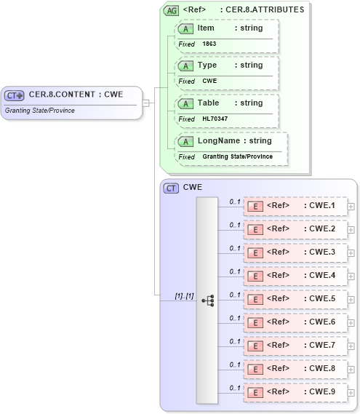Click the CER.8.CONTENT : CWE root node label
[x=75, y=95]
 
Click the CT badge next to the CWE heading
[x=172, y=188]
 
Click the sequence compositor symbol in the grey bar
[x=207, y=300]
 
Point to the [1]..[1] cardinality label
[x=184, y=296]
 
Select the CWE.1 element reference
[x=295, y=206]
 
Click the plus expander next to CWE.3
[x=351, y=253]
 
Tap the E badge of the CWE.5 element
[x=255, y=299]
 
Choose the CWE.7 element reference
[x=295, y=346]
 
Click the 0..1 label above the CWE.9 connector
[x=234, y=387]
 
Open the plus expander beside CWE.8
[x=351, y=370]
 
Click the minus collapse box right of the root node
[x=146, y=103]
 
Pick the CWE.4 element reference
[x=295, y=276]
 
